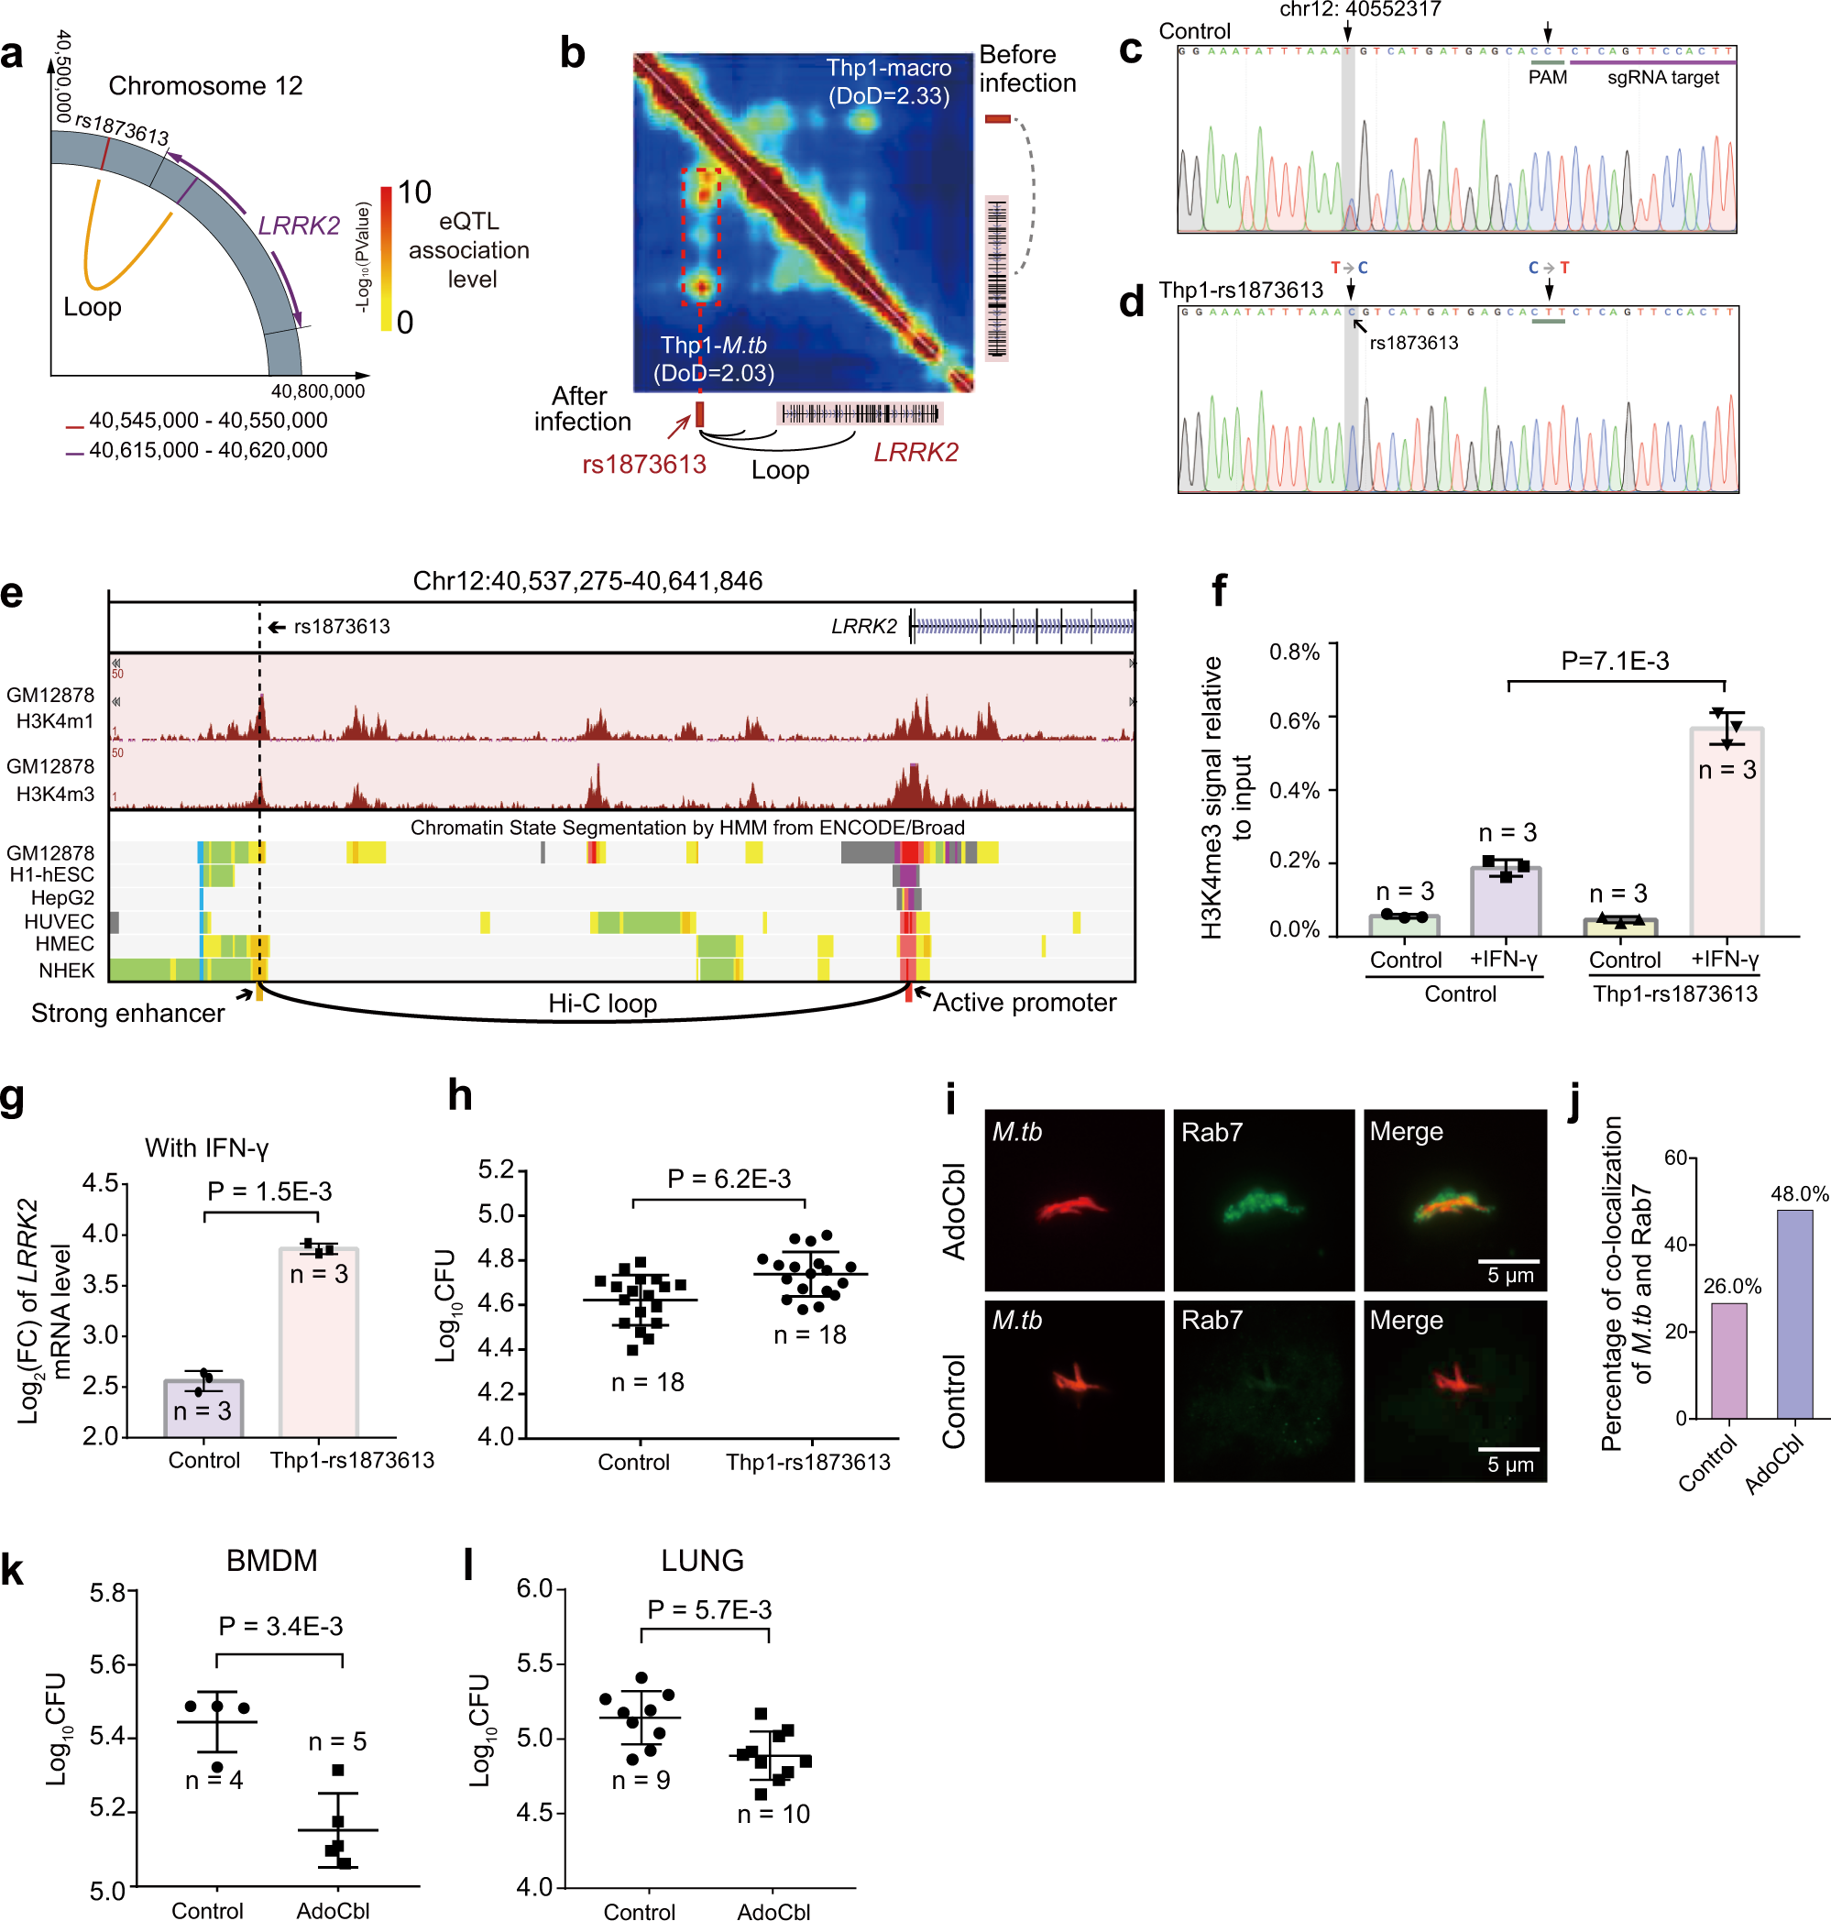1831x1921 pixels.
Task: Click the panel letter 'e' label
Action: click(12, 594)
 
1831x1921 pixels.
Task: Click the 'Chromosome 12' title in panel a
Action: click(205, 86)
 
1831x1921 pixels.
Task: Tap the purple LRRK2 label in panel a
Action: click(299, 225)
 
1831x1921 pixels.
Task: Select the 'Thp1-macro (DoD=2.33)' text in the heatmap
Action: click(888, 82)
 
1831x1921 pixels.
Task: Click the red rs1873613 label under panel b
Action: click(644, 464)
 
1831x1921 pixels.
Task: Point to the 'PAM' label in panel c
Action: click(1547, 77)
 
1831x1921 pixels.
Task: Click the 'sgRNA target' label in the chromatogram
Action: click(1663, 77)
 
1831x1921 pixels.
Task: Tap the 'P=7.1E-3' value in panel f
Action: click(1615, 661)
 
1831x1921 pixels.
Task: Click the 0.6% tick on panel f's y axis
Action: click(1294, 720)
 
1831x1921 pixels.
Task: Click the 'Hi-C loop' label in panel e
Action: click(602, 1004)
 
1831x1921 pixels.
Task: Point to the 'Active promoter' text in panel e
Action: click(1024, 1003)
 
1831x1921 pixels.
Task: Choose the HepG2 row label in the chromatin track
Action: click(62, 897)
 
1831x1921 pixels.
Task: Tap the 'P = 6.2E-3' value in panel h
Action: click(729, 1179)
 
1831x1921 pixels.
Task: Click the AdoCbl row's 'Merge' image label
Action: click(1406, 1131)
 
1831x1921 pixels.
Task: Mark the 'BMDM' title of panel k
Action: click(271, 1560)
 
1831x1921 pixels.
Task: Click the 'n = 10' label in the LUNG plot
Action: click(773, 1814)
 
